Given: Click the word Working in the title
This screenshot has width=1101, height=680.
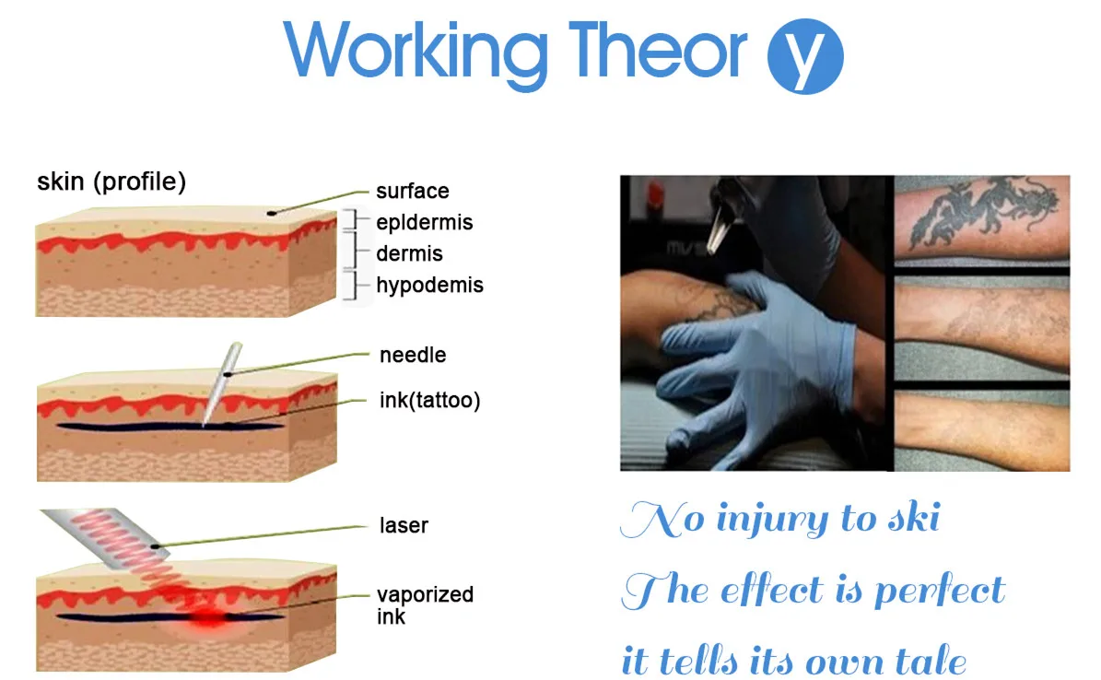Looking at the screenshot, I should point(416,51).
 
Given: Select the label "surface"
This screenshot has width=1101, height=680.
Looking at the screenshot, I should point(412,192).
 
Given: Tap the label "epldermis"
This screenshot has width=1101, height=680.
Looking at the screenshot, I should point(424,222).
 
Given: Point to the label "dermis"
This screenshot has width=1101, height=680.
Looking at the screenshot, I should point(409,253).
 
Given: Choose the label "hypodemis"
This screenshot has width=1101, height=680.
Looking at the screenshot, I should point(429,285).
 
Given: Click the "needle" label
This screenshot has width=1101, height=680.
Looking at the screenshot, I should point(412,355).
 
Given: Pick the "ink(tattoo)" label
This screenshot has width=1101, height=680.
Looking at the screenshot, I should point(429,401).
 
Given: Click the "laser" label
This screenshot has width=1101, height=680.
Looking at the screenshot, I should point(404,526).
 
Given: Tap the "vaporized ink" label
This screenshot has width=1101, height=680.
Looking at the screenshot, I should point(424,604).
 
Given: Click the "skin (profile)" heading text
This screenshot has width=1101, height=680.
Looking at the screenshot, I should point(111,182).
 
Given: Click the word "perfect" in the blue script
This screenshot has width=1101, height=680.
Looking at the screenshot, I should point(939,591).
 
